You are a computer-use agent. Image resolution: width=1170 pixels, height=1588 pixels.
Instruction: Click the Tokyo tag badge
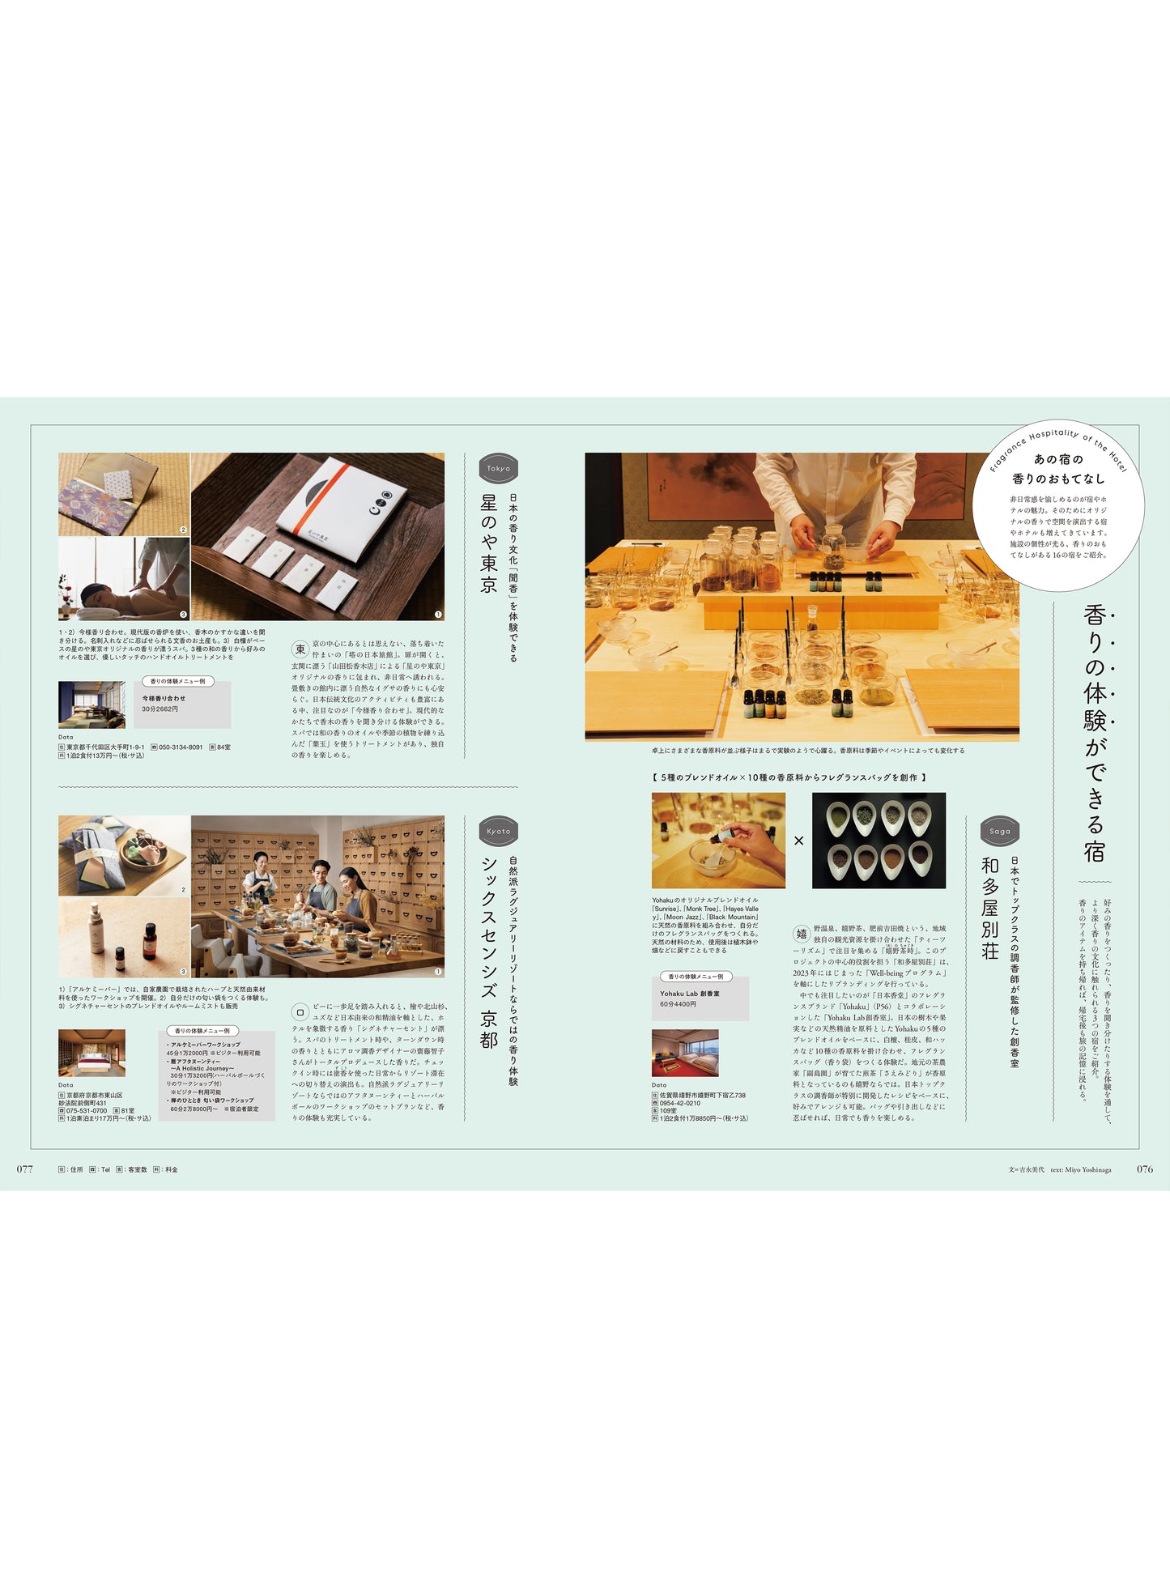498,468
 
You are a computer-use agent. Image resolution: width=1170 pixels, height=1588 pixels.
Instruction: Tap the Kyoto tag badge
498,831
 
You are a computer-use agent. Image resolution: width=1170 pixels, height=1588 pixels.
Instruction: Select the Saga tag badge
1000,831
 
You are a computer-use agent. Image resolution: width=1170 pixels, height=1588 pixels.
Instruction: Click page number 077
25,1169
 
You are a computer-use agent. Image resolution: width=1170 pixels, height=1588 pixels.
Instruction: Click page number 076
1144,1169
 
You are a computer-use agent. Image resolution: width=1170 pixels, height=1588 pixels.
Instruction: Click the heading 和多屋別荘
989,908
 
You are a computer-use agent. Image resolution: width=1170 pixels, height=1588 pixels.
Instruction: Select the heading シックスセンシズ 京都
488,952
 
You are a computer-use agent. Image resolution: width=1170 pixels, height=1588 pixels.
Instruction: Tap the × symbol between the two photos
798,841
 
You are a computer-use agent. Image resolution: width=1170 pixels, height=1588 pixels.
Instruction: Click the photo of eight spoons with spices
879,840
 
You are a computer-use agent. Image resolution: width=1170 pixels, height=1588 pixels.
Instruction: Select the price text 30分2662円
160,709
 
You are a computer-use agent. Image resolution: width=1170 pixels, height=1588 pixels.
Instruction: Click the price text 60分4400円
678,1004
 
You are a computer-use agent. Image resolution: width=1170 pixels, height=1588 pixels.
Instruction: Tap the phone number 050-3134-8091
181,747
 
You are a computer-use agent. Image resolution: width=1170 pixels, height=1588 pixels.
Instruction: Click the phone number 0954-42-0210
680,1103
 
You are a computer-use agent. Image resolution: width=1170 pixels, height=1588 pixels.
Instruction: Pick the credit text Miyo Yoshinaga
1087,1169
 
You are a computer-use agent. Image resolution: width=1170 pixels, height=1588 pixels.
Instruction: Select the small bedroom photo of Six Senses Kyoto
91,1053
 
